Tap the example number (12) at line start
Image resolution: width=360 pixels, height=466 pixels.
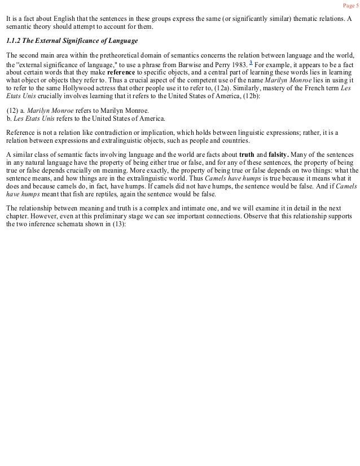pyautogui.click(x=12, y=111)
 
